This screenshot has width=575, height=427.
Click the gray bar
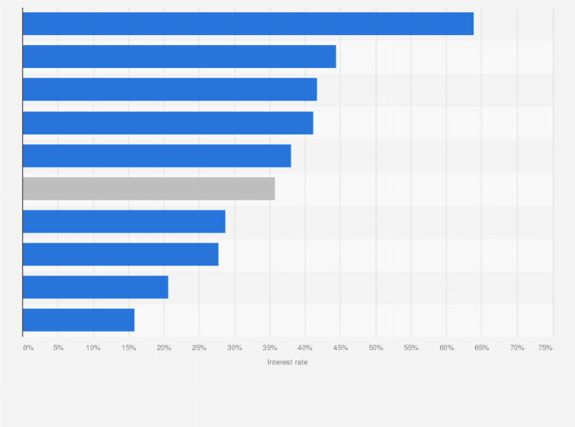click(149, 188)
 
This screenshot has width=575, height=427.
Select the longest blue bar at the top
click(248, 24)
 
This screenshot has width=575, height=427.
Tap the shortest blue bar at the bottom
click(79, 320)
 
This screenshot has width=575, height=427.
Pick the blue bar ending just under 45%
click(179, 56)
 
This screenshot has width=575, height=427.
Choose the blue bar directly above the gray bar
click(156, 156)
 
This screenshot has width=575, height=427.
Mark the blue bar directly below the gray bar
click(124, 221)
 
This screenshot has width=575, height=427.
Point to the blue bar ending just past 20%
click(95, 287)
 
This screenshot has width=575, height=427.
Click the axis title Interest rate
click(287, 362)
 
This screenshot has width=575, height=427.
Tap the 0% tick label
click(28, 348)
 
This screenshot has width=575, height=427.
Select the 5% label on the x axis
click(58, 348)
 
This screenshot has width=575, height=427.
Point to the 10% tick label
click(93, 348)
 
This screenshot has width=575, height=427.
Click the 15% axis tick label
click(128, 348)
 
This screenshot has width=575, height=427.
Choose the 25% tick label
click(199, 348)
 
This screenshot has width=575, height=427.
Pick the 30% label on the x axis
click(234, 348)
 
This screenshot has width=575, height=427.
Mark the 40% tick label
click(305, 348)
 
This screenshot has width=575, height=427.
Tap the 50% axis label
click(376, 348)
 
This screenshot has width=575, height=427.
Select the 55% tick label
click(411, 348)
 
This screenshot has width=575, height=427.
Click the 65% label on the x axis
click(482, 348)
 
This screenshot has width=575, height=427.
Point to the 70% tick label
click(517, 348)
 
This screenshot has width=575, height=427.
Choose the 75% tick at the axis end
click(545, 348)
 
